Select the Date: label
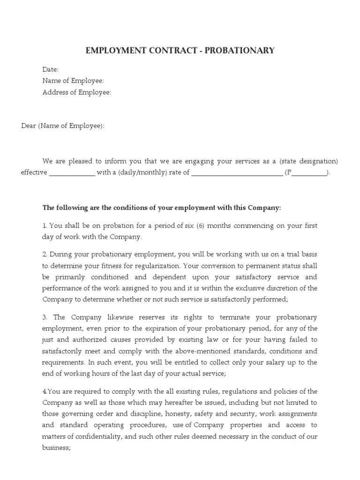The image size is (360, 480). click(51, 69)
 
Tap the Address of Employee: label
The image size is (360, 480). click(77, 92)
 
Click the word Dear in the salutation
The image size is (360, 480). click(29, 126)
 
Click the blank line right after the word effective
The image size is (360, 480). click(72, 172)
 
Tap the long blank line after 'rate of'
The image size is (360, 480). click(237, 172)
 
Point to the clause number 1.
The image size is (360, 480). click(45, 225)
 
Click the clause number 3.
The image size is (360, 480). click(45, 317)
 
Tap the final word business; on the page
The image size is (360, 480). click(57, 448)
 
